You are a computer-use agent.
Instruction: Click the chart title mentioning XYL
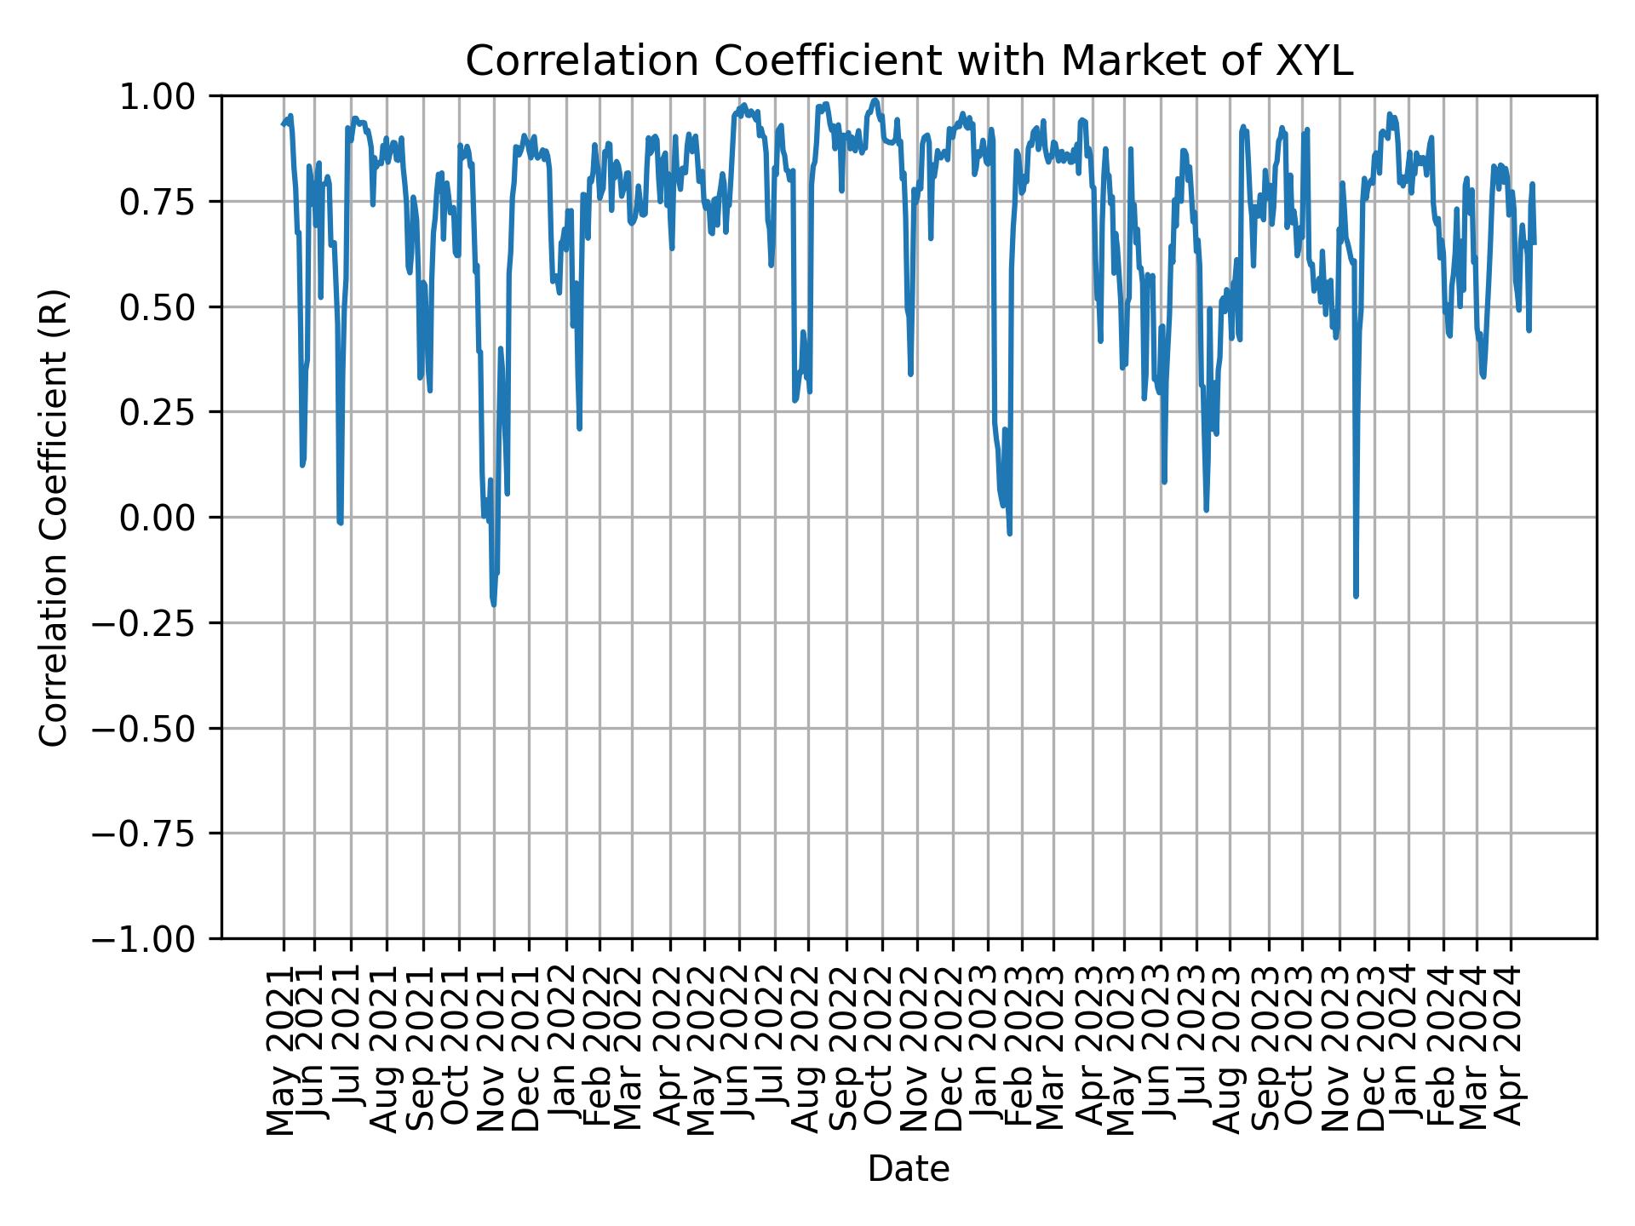(909, 61)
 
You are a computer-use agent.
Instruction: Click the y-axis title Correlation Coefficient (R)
(54, 517)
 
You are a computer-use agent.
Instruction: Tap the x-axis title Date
(909, 1169)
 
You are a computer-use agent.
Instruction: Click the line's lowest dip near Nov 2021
(494, 604)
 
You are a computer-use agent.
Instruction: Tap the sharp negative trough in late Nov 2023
(1356, 596)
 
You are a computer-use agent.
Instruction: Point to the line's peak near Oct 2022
(875, 100)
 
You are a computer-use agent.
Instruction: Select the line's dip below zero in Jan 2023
(1010, 534)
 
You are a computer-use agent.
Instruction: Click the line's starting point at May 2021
(283, 125)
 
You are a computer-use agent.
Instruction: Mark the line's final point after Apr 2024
(1535, 243)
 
